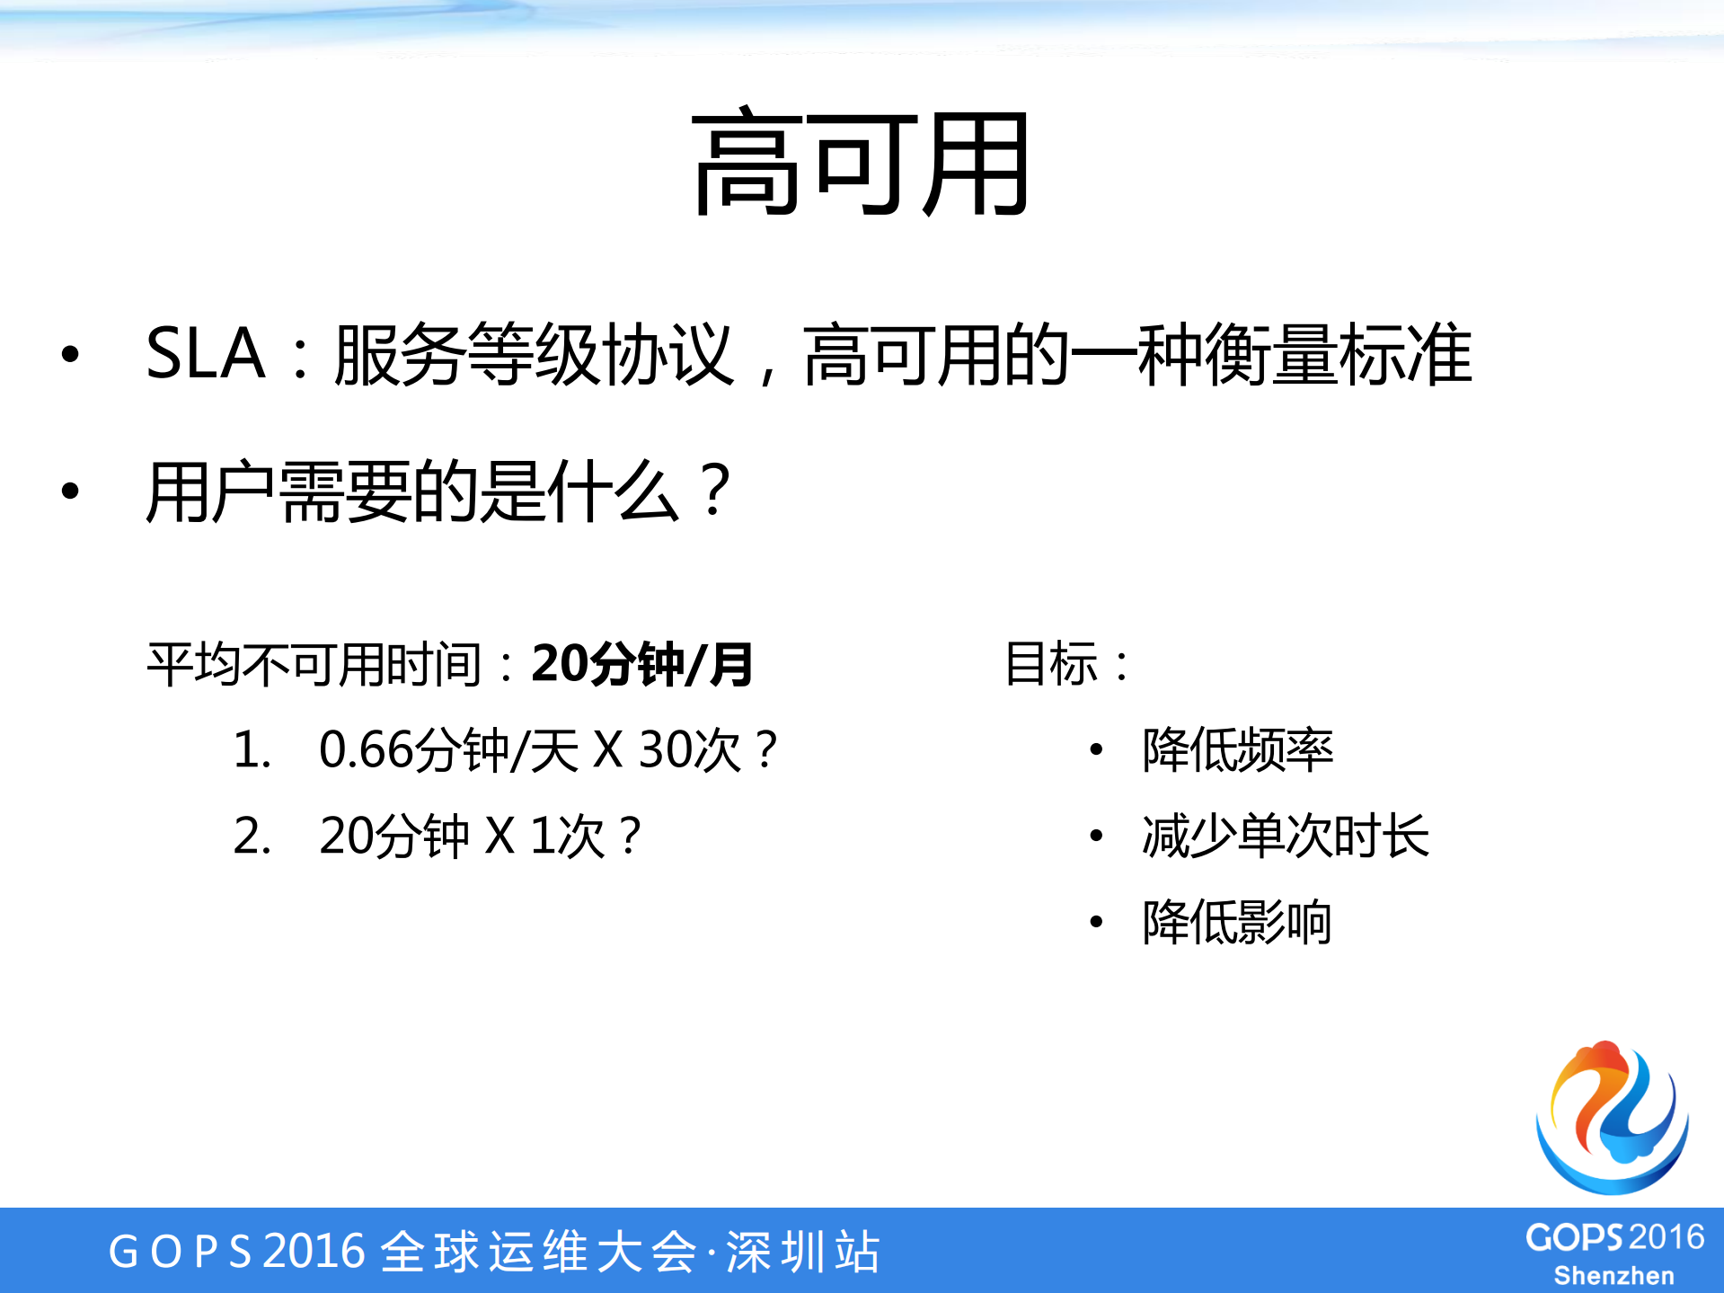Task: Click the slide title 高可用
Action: tap(861, 164)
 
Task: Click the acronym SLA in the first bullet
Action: tap(205, 354)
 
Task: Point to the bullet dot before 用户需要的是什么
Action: tap(70, 491)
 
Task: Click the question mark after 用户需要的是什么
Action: tap(716, 491)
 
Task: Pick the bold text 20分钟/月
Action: tap(641, 665)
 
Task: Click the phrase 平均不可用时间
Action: tap(315, 665)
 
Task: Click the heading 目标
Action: tap(1051, 664)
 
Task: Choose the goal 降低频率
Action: tap(1237, 749)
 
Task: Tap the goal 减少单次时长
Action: tap(1285, 836)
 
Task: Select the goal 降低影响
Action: tap(1237, 922)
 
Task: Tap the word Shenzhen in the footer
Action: tap(1613, 1276)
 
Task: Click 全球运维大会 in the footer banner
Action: tap(539, 1251)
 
